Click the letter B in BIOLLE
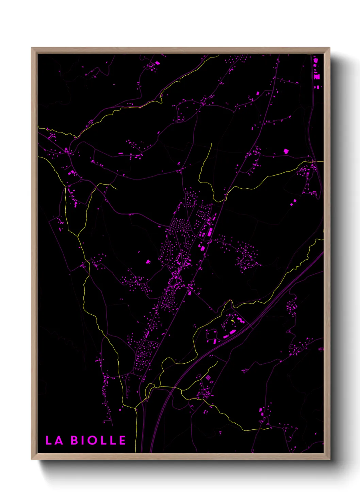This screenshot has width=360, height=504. click(75, 440)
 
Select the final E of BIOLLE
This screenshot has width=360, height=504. click(122, 440)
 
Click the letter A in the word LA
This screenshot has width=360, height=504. click(59, 440)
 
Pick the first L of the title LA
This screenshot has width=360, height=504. click(49, 440)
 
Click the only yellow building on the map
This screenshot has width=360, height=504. click(233, 320)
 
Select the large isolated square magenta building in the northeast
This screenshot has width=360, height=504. click(286, 151)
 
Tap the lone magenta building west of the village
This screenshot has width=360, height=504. click(148, 262)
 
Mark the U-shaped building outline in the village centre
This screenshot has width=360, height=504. click(178, 260)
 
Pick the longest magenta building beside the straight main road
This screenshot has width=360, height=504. click(210, 232)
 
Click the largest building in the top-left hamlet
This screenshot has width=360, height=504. click(157, 63)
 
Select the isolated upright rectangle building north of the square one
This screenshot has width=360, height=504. click(258, 93)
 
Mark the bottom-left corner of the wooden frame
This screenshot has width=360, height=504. click(32, 459)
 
